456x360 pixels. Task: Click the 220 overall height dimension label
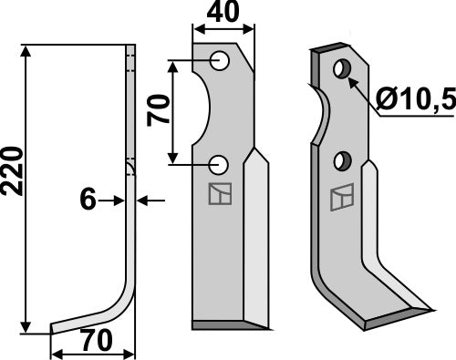(13, 172)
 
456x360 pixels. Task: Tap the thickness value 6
(88, 199)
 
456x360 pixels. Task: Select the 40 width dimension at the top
(223, 13)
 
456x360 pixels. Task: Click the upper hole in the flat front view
(219, 61)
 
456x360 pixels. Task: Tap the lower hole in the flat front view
(219, 164)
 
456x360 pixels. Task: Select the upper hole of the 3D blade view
(341, 69)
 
